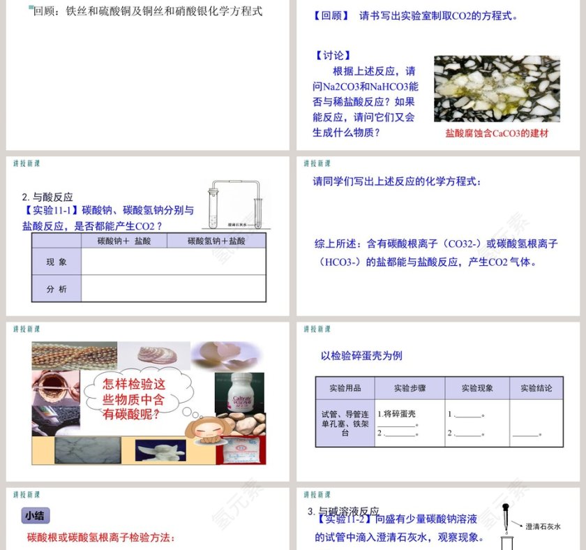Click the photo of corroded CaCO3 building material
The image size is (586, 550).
[x=497, y=89]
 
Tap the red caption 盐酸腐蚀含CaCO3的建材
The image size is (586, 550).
[x=497, y=133]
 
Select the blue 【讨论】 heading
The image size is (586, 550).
[x=333, y=56]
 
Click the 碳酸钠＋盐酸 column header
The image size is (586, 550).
[x=123, y=240]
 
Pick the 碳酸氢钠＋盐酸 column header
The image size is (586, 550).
[x=216, y=240]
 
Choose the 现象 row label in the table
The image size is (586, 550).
[x=57, y=262]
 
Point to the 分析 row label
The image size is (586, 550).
[x=57, y=288]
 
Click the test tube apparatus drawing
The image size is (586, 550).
[x=236, y=204]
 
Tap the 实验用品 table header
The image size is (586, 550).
[x=345, y=388]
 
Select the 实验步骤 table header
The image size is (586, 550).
[x=410, y=388]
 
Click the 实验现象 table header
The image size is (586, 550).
[x=476, y=388]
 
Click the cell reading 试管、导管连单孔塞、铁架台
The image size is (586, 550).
[x=345, y=423]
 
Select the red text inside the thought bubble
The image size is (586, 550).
[x=134, y=399]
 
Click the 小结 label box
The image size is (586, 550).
[x=35, y=516]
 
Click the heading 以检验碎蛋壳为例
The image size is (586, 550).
[x=361, y=355]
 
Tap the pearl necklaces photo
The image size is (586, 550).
[x=74, y=355]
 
